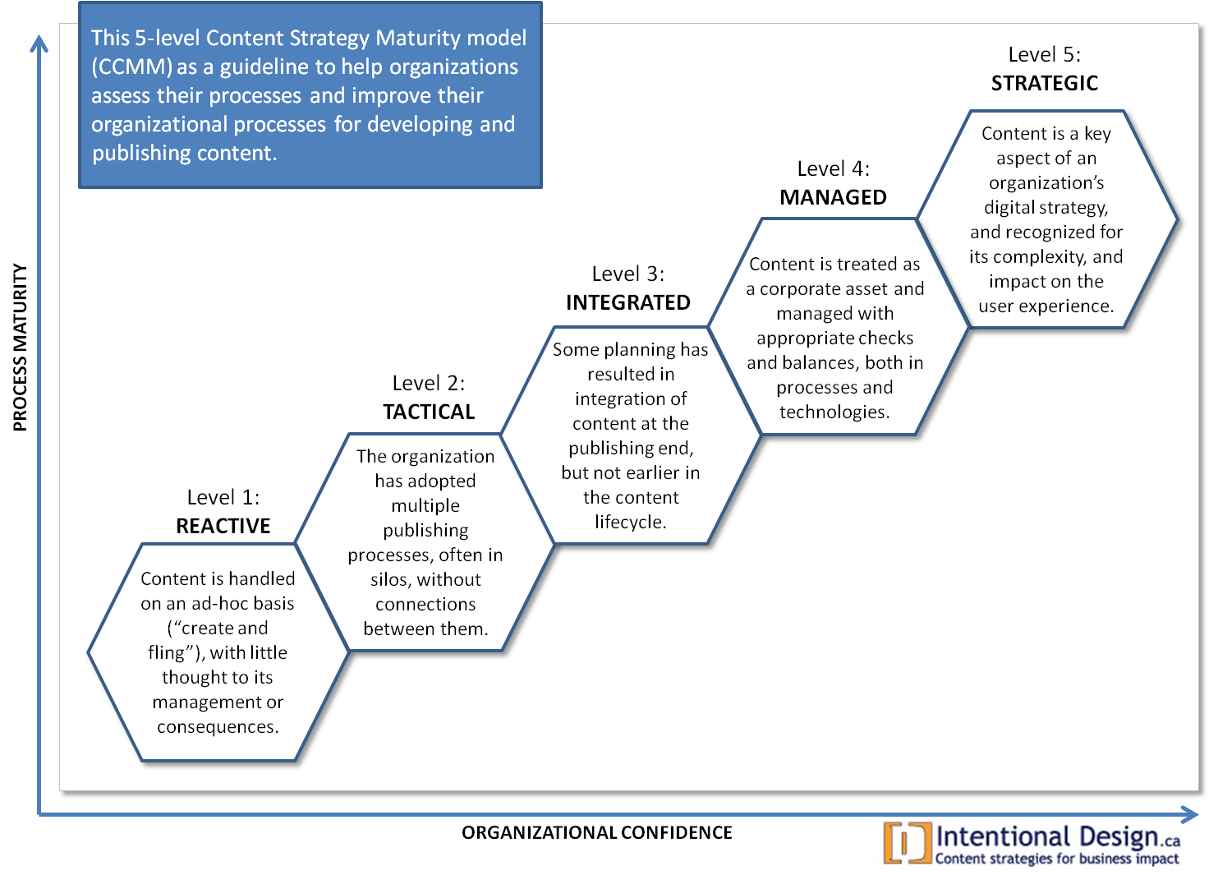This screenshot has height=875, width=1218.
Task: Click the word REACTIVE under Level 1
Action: [x=223, y=526]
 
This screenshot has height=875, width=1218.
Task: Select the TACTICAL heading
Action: [x=429, y=412]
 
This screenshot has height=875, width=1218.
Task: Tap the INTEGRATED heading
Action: [x=628, y=302]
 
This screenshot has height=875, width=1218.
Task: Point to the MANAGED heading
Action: [x=833, y=197]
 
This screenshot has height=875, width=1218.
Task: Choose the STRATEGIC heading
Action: [x=1045, y=83]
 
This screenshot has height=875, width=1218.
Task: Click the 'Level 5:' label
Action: [x=1045, y=54]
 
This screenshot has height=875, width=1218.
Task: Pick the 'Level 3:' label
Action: [x=628, y=274]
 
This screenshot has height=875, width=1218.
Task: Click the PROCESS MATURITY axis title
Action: [x=20, y=348]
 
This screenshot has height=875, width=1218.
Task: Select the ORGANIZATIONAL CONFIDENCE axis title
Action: [x=597, y=832]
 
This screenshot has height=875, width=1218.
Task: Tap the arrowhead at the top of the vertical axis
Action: [x=39, y=44]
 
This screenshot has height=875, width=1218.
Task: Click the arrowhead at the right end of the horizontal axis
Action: [x=1190, y=815]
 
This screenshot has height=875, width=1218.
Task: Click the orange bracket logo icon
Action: [x=908, y=842]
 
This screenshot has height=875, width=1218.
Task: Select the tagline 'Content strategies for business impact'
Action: [x=1057, y=859]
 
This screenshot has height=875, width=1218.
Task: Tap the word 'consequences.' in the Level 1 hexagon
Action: [x=218, y=726]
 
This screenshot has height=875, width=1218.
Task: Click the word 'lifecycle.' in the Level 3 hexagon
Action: [x=631, y=522]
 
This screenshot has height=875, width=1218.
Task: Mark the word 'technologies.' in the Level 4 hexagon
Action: [x=834, y=412]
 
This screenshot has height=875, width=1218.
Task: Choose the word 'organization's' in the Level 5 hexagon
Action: [x=1046, y=183]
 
